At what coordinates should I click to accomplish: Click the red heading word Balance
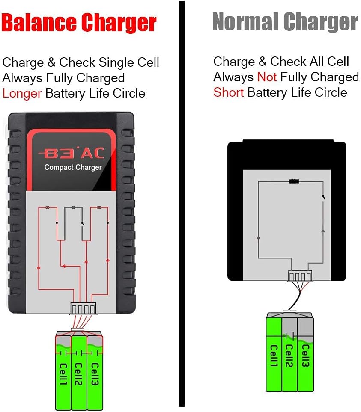pyautogui.click(x=39, y=23)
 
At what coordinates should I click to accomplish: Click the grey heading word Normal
pyautogui.click(x=245, y=21)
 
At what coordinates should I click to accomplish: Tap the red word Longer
pyautogui.click(x=22, y=94)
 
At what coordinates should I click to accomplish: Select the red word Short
pyautogui.click(x=229, y=92)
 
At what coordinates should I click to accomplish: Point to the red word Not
pyautogui.click(x=267, y=77)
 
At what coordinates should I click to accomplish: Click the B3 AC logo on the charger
pyautogui.click(x=72, y=153)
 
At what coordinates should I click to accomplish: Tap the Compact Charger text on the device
pyautogui.click(x=73, y=167)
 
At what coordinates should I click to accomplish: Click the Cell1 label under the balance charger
pyautogui.click(x=63, y=374)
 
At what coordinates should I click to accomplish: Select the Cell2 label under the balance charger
pyautogui.click(x=78, y=374)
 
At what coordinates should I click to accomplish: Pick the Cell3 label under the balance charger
pyautogui.click(x=94, y=374)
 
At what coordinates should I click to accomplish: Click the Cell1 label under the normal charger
pyautogui.click(x=274, y=356)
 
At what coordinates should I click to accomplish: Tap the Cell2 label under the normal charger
pyautogui.click(x=289, y=356)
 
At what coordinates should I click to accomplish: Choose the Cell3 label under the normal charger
pyautogui.click(x=305, y=356)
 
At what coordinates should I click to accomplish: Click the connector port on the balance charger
pyautogui.click(x=83, y=308)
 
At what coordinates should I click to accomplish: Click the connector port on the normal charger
pyautogui.click(x=300, y=276)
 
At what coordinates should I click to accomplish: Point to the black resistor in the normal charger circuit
pyautogui.click(x=294, y=181)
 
